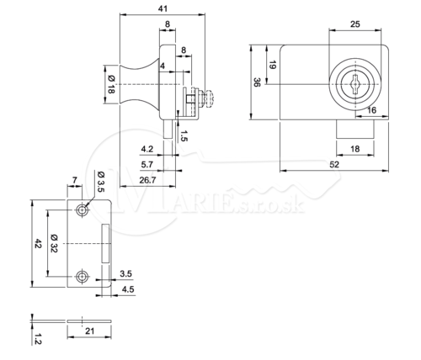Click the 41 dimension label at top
pyautogui.click(x=163, y=8)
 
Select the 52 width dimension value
pyautogui.click(x=334, y=164)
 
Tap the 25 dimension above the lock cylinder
pyautogui.click(x=355, y=24)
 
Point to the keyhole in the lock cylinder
pyautogui.click(x=355, y=84)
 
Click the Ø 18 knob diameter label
pyautogui.click(x=111, y=85)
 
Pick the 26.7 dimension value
pyautogui.click(x=147, y=180)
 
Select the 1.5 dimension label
pyautogui.click(x=184, y=135)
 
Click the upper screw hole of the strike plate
pyautogui.click(x=82, y=210)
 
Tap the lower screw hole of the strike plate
pyautogui.click(x=82, y=277)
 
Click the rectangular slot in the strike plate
pyautogui.click(x=105, y=243)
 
